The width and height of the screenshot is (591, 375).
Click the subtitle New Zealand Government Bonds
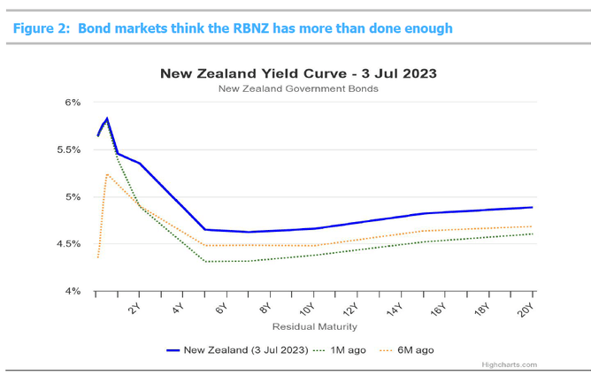point(297,88)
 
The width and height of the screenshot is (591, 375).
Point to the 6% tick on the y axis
point(73,103)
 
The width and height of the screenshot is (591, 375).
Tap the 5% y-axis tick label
point(73,196)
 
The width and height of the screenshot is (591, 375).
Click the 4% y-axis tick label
point(73,291)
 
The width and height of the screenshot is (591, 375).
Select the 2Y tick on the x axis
point(134,309)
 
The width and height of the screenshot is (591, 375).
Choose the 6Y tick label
point(222,309)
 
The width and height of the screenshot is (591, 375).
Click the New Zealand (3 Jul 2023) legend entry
point(239,349)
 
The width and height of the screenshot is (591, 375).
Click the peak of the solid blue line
point(107,119)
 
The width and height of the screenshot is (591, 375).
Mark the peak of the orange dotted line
point(107,174)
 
